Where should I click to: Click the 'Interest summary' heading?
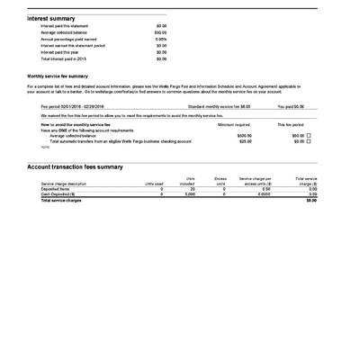50,17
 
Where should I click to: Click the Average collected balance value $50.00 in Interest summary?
161,32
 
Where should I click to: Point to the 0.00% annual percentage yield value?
161,40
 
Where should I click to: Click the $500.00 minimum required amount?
244,135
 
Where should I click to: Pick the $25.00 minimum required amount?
245,141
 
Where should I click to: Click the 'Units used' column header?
148,184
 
